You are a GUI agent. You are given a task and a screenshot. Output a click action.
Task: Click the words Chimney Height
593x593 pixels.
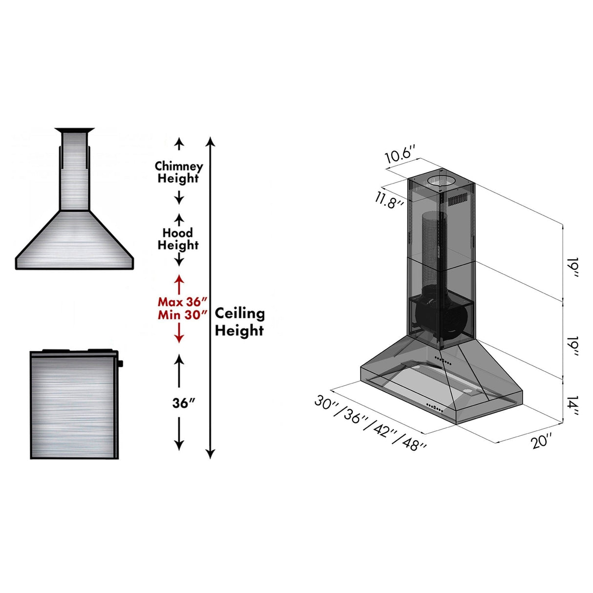pos(178,172)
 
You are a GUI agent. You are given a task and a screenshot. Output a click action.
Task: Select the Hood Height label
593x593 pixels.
pos(178,239)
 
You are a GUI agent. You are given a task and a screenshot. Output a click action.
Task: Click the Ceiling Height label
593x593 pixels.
pos(239,322)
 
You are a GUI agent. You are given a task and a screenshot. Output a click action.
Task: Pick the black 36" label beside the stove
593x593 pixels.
pos(184,403)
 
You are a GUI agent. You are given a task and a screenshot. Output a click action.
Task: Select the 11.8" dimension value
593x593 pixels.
pos(389,200)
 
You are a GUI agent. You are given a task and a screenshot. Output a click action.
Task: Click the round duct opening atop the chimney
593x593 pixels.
pos(441,181)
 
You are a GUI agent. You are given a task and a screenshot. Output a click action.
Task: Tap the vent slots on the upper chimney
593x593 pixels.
pos(458,200)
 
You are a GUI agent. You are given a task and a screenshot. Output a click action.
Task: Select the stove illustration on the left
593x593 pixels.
pos(73,404)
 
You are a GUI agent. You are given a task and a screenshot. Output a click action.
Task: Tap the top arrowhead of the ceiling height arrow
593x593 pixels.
pos(210,142)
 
